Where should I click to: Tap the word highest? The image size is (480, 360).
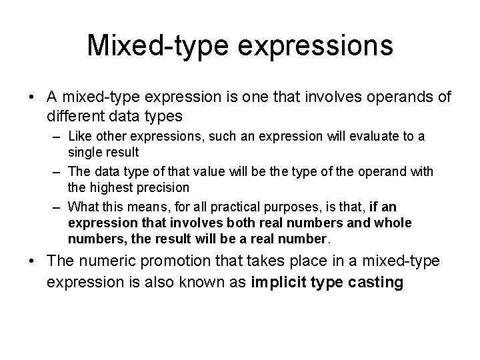coord(108,187)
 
